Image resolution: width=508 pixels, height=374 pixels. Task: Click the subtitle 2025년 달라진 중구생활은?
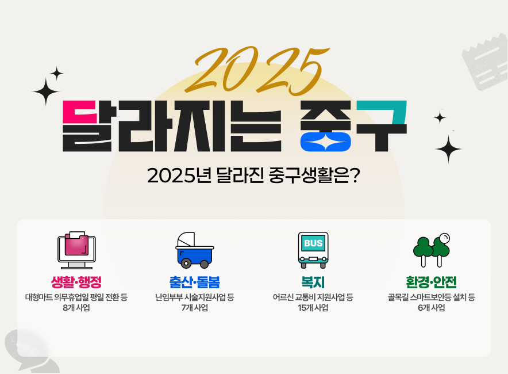(x=253, y=175)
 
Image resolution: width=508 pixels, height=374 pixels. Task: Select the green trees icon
(x=431, y=250)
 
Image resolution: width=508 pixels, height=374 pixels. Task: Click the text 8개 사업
(x=76, y=308)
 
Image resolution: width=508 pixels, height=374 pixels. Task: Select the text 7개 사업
(x=194, y=308)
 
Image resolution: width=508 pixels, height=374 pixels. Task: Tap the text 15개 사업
(x=313, y=308)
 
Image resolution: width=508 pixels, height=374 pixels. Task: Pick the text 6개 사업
(x=431, y=308)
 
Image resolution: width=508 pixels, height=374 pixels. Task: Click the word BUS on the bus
(x=313, y=243)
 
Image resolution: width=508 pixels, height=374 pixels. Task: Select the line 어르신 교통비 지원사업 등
(x=313, y=297)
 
